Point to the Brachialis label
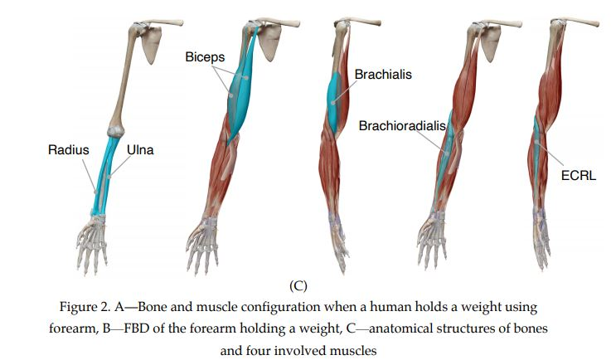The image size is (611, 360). tap(383, 75)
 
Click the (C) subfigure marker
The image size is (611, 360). tap(298, 285)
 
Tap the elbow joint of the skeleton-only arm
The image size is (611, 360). tap(114, 130)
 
